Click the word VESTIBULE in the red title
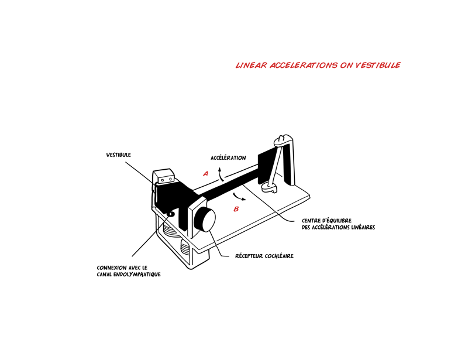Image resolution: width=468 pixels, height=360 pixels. click(x=378, y=65)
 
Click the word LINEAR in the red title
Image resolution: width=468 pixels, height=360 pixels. click(x=251, y=65)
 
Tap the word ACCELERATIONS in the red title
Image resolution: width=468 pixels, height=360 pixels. click(x=304, y=65)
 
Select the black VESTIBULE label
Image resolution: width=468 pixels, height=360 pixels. click(x=119, y=155)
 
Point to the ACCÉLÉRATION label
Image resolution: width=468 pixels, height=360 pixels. click(x=228, y=157)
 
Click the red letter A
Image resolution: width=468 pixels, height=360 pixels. click(x=205, y=174)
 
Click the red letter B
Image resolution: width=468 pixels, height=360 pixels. click(x=236, y=209)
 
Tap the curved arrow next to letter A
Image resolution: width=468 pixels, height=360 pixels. click(x=221, y=174)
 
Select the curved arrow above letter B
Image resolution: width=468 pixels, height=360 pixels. click(x=239, y=196)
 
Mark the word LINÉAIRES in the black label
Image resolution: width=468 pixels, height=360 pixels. click(x=363, y=227)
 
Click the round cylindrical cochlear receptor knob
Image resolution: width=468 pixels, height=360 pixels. click(x=205, y=220)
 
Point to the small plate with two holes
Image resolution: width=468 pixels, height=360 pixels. click(x=166, y=180)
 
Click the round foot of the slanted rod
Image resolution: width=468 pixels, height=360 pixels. click(x=269, y=188)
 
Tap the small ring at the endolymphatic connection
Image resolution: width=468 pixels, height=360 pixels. click(x=171, y=214)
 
